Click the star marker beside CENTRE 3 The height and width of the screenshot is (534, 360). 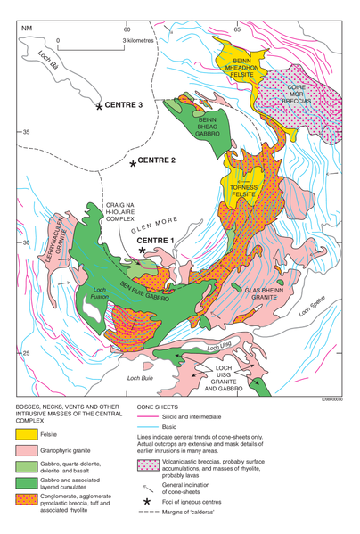(x=99, y=107)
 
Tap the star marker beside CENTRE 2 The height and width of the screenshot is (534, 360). (x=133, y=164)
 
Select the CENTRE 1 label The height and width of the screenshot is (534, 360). (x=172, y=241)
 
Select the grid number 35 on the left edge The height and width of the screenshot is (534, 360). (x=27, y=132)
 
